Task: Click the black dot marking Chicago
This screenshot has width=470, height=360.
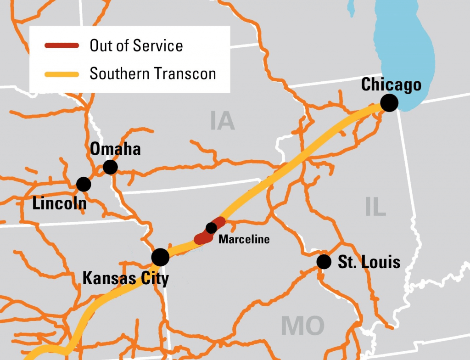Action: (x=389, y=103)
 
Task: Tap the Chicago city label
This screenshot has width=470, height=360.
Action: (x=391, y=84)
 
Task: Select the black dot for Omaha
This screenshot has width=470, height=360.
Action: (x=110, y=167)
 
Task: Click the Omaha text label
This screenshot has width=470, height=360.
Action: (x=115, y=149)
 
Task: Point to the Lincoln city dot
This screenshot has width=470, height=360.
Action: (x=84, y=184)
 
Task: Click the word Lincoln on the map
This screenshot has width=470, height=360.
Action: (x=59, y=203)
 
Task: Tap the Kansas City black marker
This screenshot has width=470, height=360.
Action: (x=160, y=257)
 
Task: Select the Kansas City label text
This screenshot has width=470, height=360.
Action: (x=125, y=278)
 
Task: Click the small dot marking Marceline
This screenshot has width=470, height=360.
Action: (x=211, y=227)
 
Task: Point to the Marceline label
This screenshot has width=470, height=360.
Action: (x=244, y=239)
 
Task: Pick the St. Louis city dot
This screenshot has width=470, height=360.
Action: (x=324, y=262)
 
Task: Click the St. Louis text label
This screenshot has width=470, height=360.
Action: (x=369, y=262)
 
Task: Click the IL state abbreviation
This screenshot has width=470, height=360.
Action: (x=375, y=208)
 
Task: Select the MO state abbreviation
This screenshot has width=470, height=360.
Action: (x=302, y=326)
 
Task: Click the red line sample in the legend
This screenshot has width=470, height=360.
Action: (x=62, y=46)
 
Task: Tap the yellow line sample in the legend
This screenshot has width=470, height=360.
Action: (x=62, y=73)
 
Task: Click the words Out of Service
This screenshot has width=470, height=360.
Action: (x=136, y=46)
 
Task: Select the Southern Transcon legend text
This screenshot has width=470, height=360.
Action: (x=152, y=73)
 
